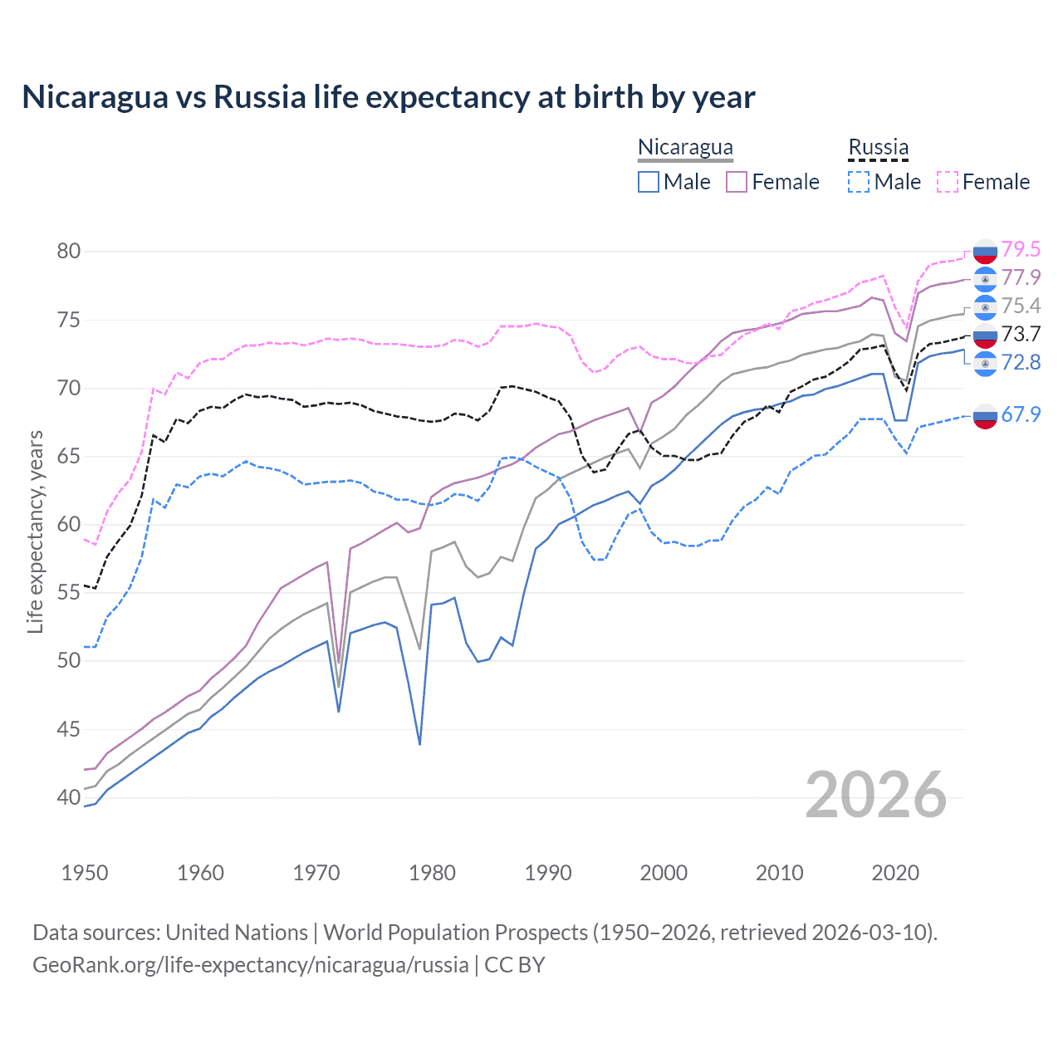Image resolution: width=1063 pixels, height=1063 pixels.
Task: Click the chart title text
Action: [388, 97]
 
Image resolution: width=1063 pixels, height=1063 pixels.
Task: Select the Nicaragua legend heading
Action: [685, 147]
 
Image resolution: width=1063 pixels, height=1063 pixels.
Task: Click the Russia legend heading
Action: [878, 147]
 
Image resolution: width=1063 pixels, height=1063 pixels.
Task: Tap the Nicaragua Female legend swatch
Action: [737, 182]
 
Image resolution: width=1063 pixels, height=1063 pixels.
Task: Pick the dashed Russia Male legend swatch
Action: [859, 182]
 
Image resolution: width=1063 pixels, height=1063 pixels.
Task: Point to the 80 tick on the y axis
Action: [69, 251]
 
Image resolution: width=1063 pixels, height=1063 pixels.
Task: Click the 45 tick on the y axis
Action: [69, 729]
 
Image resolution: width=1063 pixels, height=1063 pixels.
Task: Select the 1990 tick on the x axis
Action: [548, 873]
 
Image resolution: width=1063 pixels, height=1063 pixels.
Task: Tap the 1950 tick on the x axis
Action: [85, 873]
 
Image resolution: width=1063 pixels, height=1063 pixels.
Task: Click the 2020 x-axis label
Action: [895, 873]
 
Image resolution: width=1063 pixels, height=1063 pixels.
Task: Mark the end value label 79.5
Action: [1021, 249]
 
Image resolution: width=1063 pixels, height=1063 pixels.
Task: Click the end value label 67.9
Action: [1021, 414]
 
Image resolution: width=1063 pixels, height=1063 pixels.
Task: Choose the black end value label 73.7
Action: [1021, 334]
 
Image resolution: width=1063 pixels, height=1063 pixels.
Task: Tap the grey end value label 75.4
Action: [1021, 306]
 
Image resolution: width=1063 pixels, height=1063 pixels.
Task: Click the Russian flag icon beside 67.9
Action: [985, 415]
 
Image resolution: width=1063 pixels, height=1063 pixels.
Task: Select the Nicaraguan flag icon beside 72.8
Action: [985, 363]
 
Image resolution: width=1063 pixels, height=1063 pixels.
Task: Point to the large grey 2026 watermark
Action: [875, 796]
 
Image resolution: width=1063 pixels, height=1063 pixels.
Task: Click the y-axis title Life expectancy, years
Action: [35, 531]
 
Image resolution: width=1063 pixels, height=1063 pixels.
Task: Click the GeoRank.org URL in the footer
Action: [250, 965]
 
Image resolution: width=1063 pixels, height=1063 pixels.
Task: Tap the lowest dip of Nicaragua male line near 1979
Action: [419, 744]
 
